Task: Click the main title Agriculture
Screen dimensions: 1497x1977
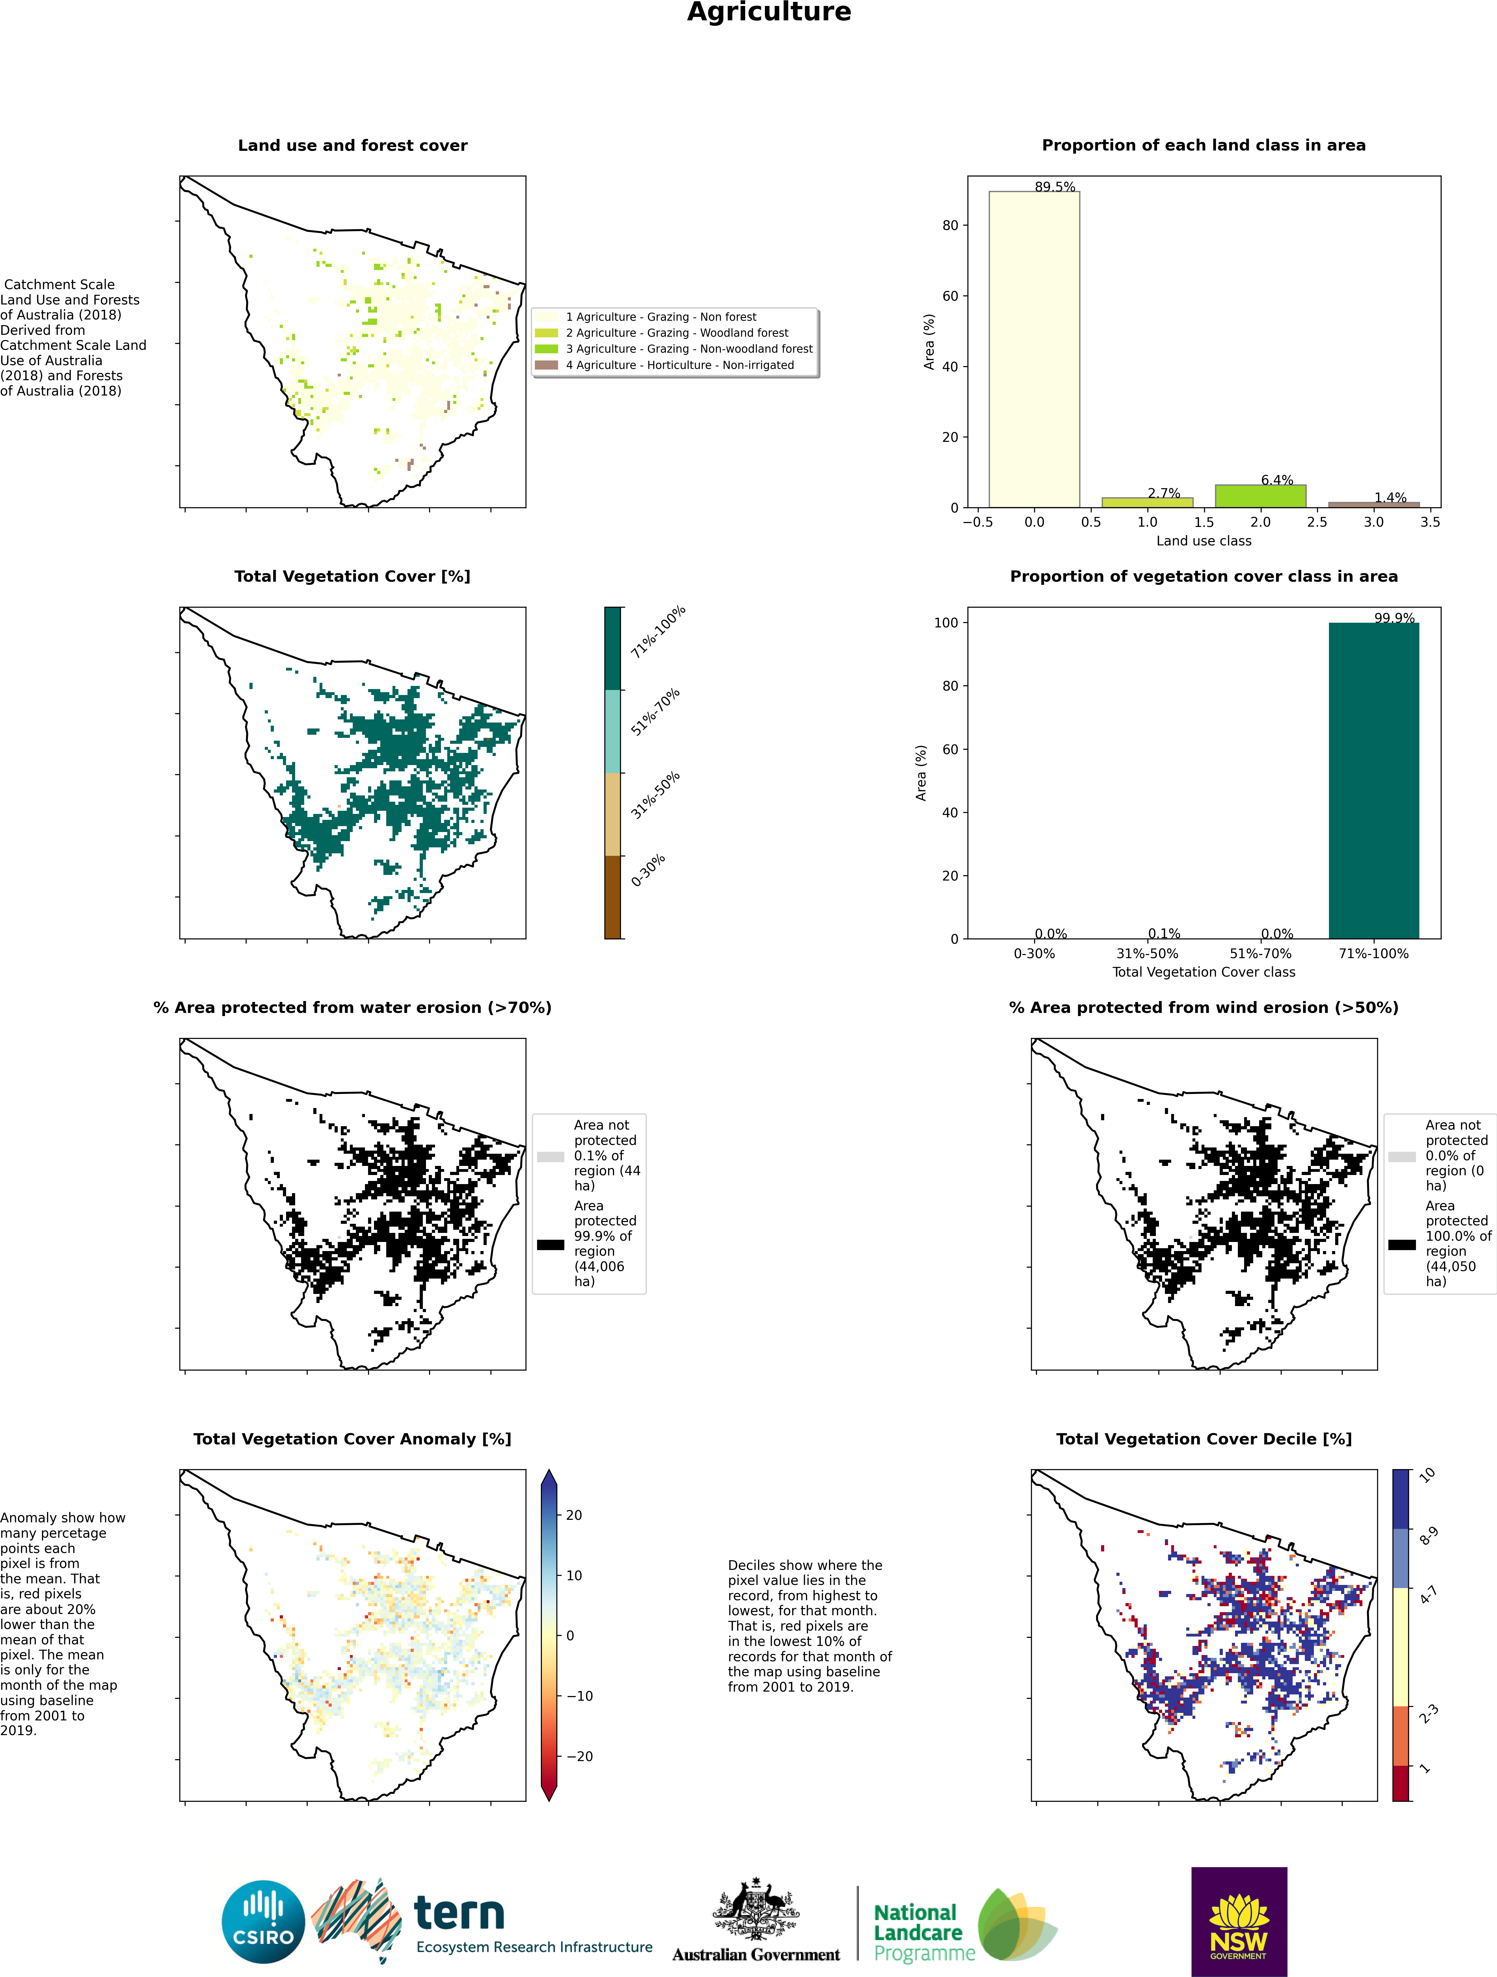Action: tap(769, 13)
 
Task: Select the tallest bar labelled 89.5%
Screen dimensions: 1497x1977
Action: tap(1034, 350)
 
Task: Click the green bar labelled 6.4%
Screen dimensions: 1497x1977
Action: tap(1260, 496)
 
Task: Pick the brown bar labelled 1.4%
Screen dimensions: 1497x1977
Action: tap(1374, 505)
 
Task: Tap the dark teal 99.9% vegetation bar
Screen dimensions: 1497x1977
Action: tap(1374, 780)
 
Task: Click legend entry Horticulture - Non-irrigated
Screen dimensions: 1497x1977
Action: tap(679, 365)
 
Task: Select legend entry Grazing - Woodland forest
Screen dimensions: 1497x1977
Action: tap(677, 333)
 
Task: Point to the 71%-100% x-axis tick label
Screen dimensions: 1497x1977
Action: tap(1374, 954)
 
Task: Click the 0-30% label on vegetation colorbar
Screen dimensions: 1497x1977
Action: tap(648, 871)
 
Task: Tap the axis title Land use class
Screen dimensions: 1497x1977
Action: tap(1204, 541)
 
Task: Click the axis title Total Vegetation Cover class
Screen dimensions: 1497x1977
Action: tap(1204, 972)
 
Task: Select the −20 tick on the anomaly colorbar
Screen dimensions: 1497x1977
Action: tap(578, 1756)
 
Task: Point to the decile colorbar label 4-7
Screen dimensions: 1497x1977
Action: tap(1428, 1595)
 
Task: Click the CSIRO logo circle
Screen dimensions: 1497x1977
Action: tap(264, 1923)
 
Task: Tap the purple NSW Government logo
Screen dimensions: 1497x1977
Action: tap(1239, 1922)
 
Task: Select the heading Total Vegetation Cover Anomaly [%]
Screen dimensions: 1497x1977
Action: tap(352, 1439)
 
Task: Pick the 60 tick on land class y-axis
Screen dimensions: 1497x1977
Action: tap(950, 296)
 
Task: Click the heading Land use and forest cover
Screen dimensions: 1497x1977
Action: tap(352, 145)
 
